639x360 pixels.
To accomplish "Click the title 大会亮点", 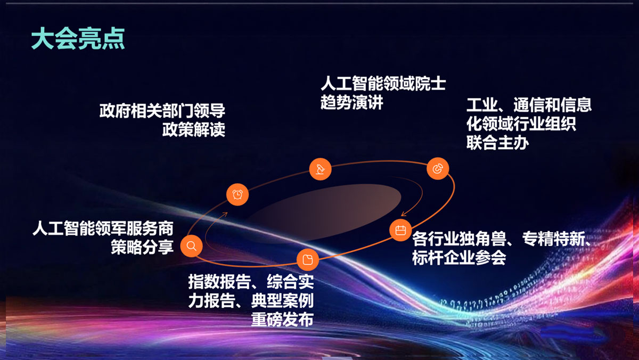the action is point(78,38).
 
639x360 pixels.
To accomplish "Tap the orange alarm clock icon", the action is point(237,194).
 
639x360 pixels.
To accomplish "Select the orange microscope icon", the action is point(321,169).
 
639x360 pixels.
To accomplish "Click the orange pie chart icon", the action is point(438,169).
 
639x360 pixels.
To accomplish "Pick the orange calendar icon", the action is point(400,230).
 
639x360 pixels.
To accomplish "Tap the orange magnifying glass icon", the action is point(191,246).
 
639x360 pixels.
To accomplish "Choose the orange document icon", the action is point(308,259).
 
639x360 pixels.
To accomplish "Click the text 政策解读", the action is point(194,130).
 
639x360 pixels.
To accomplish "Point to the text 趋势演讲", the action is point(352,102).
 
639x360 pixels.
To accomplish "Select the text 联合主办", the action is point(498,143).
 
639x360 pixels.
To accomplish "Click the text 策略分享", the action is point(142,247).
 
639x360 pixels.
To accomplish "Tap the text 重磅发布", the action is point(282,319).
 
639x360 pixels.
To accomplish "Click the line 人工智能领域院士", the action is point(383,83).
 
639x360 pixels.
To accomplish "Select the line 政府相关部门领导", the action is point(162,111).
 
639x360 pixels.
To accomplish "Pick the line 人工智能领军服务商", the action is point(103,228).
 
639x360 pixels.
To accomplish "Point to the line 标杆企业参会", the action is point(459,257).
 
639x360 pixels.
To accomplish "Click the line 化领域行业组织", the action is point(521,124).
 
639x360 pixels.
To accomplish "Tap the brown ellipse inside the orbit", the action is point(324,212).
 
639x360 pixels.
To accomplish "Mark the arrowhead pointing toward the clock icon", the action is point(225,214).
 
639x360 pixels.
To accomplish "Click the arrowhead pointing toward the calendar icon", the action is point(404,214).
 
